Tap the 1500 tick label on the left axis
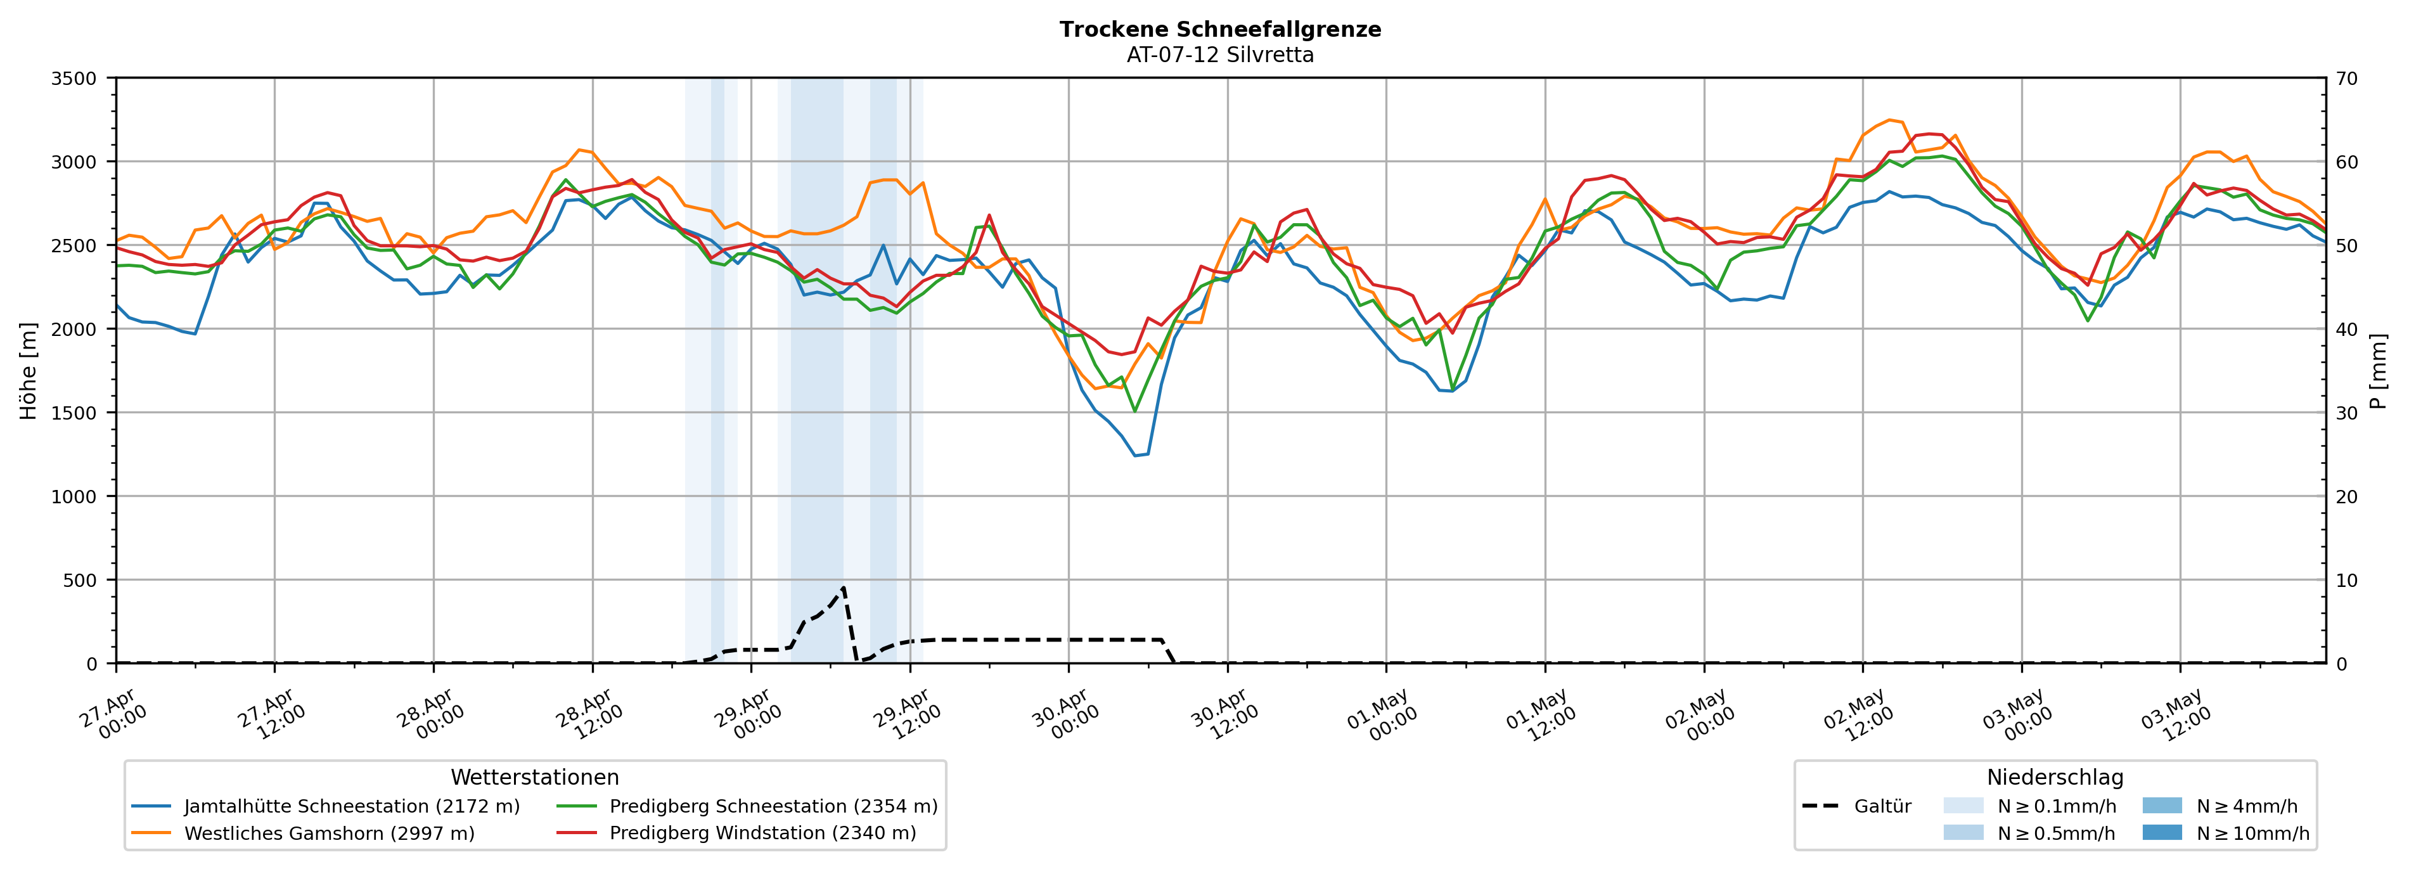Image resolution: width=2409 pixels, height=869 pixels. pos(74,413)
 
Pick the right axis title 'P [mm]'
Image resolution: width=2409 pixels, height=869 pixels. pos(2378,371)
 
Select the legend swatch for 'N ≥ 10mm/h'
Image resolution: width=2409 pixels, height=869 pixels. pos(2162,832)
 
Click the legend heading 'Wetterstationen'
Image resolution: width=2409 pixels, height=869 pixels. pos(535,777)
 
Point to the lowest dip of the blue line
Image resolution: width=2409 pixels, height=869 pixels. pos(1135,456)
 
